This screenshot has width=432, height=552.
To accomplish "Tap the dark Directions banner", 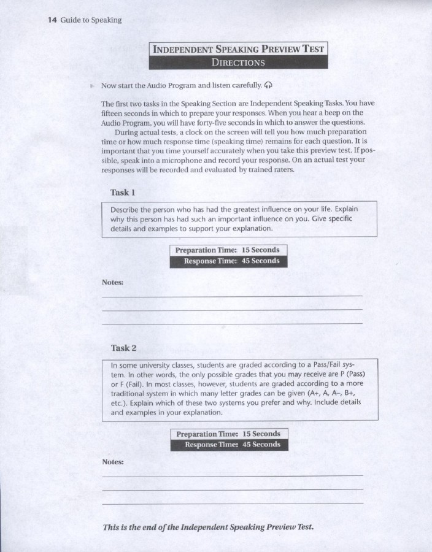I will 238,62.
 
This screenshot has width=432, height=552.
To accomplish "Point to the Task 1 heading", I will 120,193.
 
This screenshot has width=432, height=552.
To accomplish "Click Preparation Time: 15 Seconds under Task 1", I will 227,250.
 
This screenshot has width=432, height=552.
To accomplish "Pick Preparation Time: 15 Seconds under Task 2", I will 228,434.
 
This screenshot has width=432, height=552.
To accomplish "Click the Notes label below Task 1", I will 113,282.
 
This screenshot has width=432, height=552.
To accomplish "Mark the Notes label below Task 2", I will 113,461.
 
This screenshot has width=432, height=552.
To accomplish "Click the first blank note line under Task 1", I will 232,296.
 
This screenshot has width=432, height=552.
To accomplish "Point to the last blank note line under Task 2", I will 232,503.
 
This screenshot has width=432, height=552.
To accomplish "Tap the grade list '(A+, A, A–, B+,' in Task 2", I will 326,393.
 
